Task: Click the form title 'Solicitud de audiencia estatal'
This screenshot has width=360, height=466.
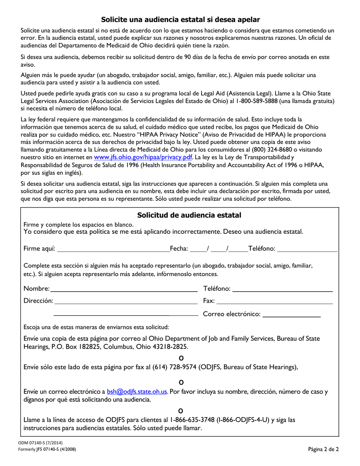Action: coord(189,215)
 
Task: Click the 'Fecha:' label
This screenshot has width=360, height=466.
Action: coord(179,249)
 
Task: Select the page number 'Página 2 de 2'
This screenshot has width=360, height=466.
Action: coord(323,450)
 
